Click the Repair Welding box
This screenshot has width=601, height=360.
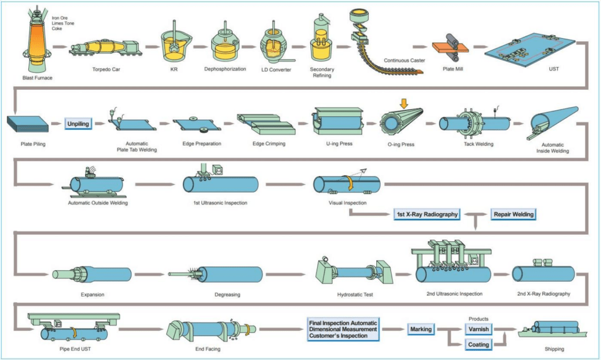pos(514,214)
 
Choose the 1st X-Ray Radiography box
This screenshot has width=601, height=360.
pos(427,214)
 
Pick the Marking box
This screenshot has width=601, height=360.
pos(421,329)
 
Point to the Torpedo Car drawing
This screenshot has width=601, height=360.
pos(105,48)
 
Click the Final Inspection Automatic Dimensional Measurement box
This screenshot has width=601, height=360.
pos(343,329)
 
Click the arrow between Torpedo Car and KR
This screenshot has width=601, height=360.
pos(152,46)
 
